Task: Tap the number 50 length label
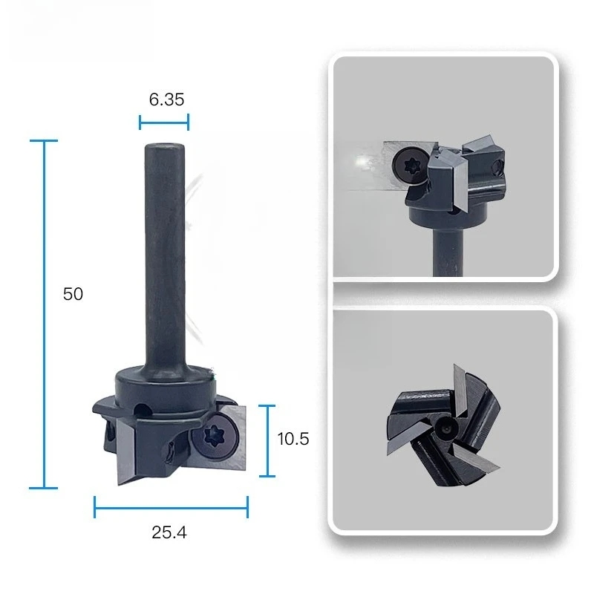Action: [x=73, y=294]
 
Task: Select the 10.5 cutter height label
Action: [x=293, y=439]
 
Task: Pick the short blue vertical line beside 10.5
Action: [x=268, y=441]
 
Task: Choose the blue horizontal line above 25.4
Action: [x=171, y=507]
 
